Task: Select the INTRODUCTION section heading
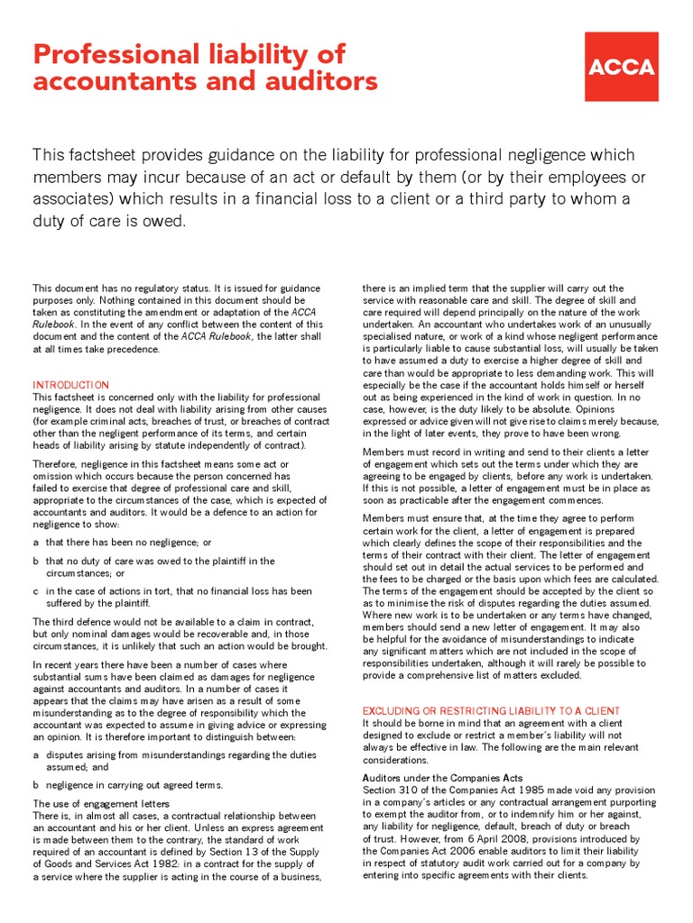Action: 71,385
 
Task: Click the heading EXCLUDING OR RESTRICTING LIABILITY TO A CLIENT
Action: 491,711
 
